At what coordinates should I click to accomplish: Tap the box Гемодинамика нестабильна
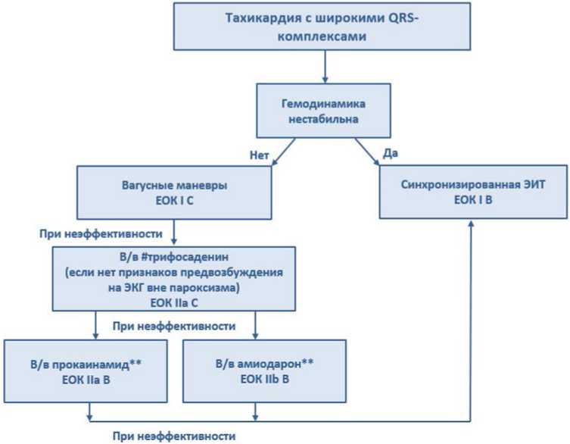click(x=323, y=111)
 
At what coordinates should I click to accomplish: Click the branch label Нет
click(x=259, y=155)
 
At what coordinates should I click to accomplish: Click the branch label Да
click(x=391, y=153)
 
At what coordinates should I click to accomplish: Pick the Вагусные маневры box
click(x=174, y=192)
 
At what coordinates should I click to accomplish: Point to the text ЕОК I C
click(x=175, y=201)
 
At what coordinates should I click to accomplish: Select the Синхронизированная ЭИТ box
click(x=473, y=192)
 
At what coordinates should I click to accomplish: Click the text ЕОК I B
click(x=473, y=200)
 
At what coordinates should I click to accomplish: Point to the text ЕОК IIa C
click(x=174, y=303)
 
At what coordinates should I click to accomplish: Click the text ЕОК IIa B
click(x=86, y=380)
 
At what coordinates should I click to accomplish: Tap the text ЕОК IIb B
click(x=265, y=380)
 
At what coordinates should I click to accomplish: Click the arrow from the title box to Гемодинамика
click(x=325, y=67)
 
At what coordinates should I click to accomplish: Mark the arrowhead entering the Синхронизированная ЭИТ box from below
click(x=471, y=223)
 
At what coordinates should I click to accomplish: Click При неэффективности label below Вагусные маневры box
click(x=101, y=233)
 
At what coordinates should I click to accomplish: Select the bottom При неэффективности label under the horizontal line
click(x=174, y=436)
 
